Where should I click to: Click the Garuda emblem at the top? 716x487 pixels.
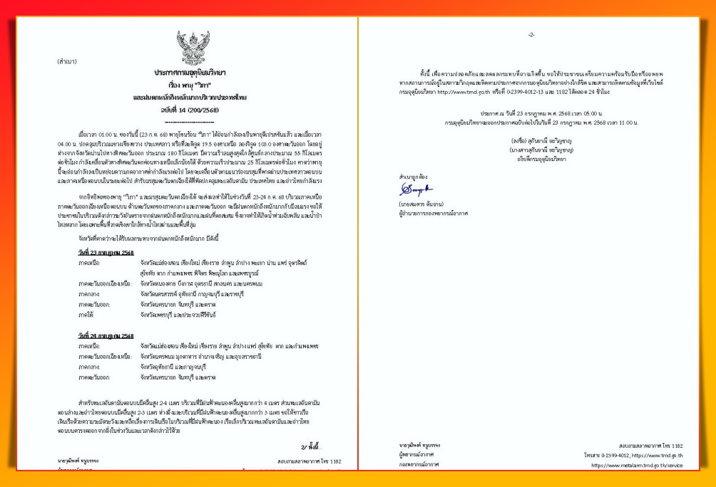click(x=188, y=48)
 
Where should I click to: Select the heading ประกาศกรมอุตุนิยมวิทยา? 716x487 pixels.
click(x=189, y=73)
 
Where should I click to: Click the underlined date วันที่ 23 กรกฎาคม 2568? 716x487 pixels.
click(x=106, y=253)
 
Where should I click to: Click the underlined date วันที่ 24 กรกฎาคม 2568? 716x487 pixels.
click(x=106, y=335)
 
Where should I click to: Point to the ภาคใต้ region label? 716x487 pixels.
click(x=88, y=314)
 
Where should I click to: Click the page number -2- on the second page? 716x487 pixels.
click(x=531, y=35)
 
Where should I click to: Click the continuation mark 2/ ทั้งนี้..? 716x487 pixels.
click(x=312, y=446)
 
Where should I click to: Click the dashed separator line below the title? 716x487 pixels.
click(x=189, y=121)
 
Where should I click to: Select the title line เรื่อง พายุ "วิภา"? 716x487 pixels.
click(x=189, y=84)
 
